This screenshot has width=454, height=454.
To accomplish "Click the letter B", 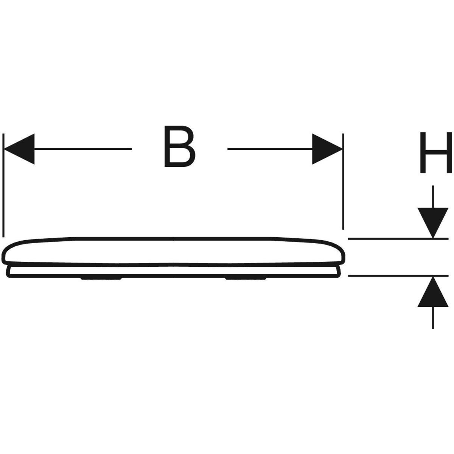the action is click(180, 146).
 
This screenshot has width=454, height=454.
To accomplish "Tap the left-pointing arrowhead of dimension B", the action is click(19, 149).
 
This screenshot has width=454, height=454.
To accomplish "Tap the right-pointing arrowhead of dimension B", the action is click(327, 149).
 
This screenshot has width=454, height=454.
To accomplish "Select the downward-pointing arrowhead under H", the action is click(433, 223).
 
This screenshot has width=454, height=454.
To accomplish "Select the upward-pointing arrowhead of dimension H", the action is click(433, 292).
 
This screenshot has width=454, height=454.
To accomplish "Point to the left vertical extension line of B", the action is click(3, 185).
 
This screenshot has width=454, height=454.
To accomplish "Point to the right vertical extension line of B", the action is click(343, 182).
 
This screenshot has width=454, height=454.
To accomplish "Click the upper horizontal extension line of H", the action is click(398, 239).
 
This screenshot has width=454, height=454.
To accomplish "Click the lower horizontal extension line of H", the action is click(398, 276).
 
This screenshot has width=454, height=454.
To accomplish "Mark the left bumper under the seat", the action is click(101, 278).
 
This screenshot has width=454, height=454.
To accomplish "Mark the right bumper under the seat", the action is click(246, 278).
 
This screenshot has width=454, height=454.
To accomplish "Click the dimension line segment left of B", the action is click(83, 149).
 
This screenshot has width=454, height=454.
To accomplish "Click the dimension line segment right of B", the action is click(270, 149).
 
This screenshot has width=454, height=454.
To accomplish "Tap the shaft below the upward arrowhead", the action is click(433, 318).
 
